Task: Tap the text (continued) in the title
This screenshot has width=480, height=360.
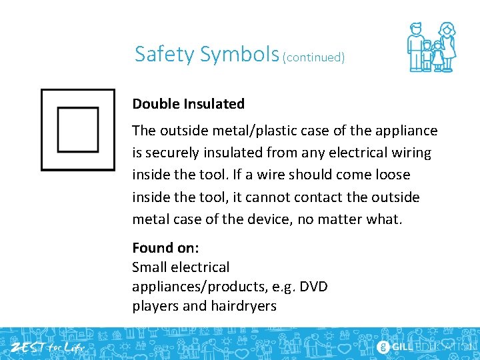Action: [x=314, y=57]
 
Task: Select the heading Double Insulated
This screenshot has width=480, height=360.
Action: [x=189, y=104]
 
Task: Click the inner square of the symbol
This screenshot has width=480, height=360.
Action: [x=77, y=130]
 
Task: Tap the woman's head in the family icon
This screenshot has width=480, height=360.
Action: [x=446, y=29]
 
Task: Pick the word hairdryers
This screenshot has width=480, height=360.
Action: [x=243, y=306]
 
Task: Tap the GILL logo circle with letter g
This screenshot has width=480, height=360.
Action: [x=383, y=347]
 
